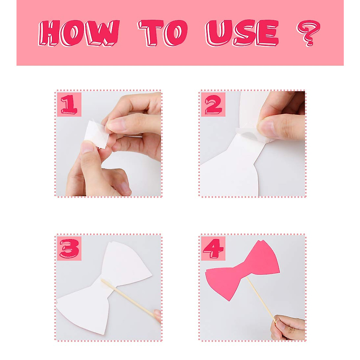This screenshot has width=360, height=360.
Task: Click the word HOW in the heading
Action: (79, 33)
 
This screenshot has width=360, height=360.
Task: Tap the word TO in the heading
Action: (163, 33)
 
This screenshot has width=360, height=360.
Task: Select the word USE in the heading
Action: (241, 33)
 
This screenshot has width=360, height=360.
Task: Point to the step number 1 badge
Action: (69, 104)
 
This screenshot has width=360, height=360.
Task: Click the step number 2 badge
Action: (213, 104)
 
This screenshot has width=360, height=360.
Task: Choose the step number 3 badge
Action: (69, 248)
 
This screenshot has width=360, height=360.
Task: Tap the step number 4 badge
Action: (213, 248)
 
